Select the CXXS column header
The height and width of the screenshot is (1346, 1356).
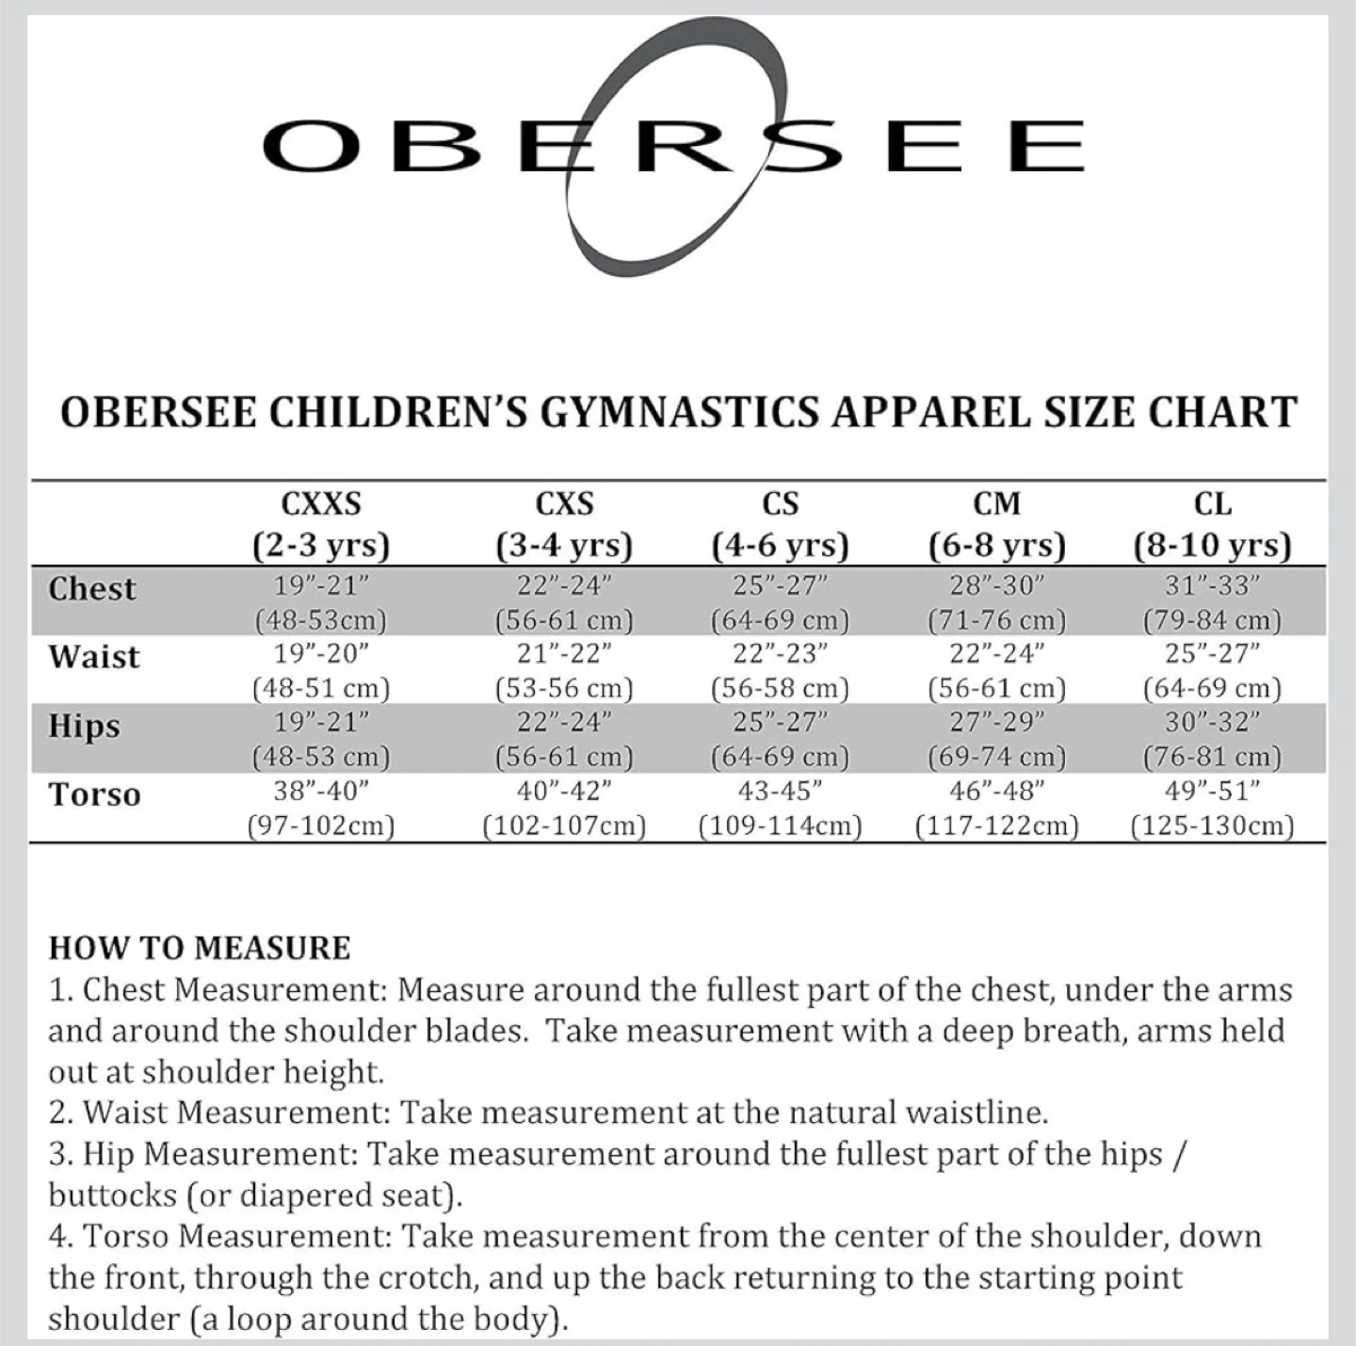tap(321, 505)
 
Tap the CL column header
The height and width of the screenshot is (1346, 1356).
tap(1213, 505)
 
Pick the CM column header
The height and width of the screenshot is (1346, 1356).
tap(997, 505)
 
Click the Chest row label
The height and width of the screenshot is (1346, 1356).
tap(92, 589)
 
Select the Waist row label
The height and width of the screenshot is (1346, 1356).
tap(94, 657)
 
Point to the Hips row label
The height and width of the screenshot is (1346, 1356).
tap(85, 727)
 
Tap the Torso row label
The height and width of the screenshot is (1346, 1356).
tap(95, 795)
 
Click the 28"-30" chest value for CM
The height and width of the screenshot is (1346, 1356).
tap(997, 585)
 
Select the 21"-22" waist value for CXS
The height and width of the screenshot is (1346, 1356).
tap(564, 653)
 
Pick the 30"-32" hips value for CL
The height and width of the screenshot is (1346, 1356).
tap(1213, 722)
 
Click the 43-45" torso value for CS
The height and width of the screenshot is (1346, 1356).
tap(781, 791)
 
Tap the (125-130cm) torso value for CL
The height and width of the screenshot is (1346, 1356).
tap(1213, 826)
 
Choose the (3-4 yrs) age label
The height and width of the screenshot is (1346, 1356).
tap(564, 546)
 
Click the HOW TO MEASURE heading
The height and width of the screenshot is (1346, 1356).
tap(200, 948)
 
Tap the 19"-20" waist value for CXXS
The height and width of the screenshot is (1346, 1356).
tap(321, 653)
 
